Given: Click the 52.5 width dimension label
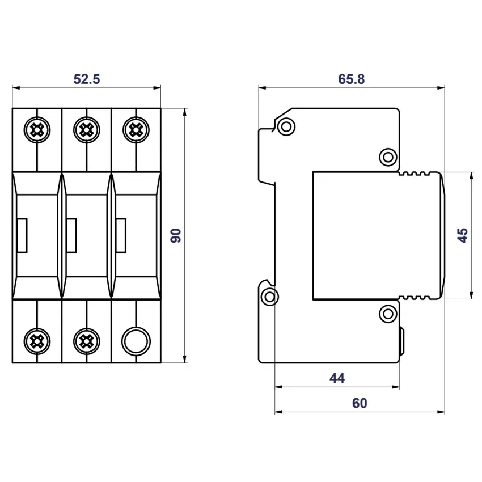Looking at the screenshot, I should pos(86,79).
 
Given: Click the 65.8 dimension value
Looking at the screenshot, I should pos(351,79).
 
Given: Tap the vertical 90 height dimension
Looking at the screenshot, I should pos(176,235).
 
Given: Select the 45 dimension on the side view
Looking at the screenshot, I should pos(463,235).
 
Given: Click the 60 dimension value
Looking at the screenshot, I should pos(359,403).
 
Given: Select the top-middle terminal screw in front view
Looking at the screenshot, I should pos(86,130).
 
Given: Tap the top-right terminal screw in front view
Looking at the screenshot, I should pos(136,130).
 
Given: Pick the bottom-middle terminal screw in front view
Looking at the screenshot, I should pos(86,341).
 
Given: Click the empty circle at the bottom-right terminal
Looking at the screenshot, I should pos(136,341).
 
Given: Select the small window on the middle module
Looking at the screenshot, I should pos(71,235).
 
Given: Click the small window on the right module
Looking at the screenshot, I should pos(121,235).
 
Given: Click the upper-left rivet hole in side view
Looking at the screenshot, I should pos(286,126).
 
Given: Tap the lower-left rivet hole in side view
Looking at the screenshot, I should pos(270,295).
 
